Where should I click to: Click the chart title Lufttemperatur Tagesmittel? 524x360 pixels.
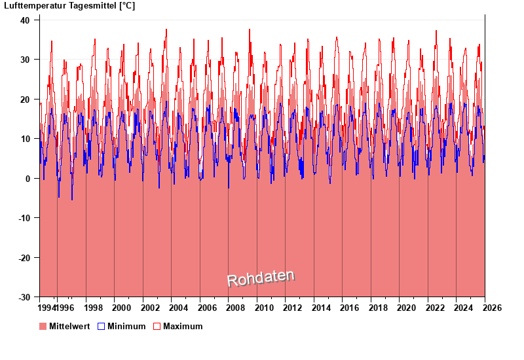click(x=69, y=6)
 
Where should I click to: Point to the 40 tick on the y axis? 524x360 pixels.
click(x=24, y=20)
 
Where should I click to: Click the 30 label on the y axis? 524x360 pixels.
click(x=24, y=60)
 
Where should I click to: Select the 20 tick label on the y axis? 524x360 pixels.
click(x=24, y=99)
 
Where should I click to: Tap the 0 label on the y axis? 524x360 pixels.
click(x=27, y=179)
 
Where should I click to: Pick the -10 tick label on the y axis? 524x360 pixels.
click(x=22, y=218)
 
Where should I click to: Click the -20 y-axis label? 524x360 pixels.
click(x=22, y=258)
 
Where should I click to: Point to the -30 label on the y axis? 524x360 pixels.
click(x=22, y=297)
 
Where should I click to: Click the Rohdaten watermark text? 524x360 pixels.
click(x=261, y=278)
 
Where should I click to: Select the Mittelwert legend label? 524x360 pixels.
click(x=69, y=327)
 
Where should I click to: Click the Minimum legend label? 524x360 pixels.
click(x=126, y=327)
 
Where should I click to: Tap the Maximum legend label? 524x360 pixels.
click(x=183, y=327)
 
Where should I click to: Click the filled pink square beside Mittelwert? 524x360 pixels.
click(x=43, y=327)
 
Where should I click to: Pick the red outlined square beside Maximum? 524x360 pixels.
click(x=157, y=327)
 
